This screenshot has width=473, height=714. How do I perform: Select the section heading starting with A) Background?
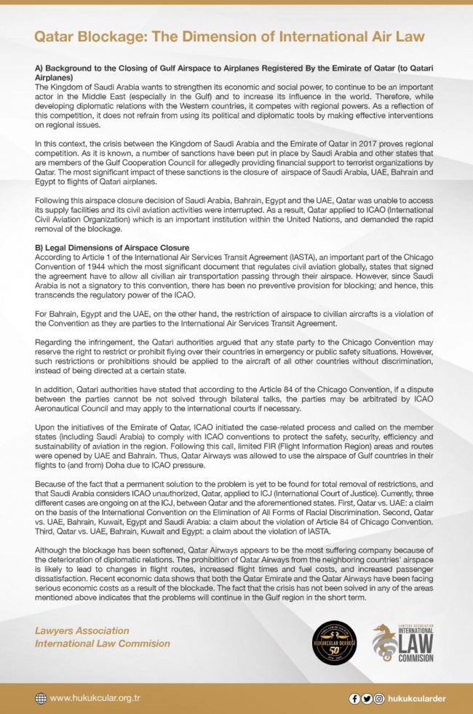tap(233, 71)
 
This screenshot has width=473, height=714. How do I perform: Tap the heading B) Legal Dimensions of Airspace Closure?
tap(112, 248)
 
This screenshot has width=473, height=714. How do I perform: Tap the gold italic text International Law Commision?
tap(103, 643)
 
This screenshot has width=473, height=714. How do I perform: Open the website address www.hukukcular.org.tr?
tap(95, 699)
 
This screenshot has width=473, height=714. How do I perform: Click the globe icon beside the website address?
tap(41, 699)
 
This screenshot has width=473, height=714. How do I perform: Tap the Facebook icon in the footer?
tap(354, 699)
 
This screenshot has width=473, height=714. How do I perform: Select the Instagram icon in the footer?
tap(379, 699)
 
